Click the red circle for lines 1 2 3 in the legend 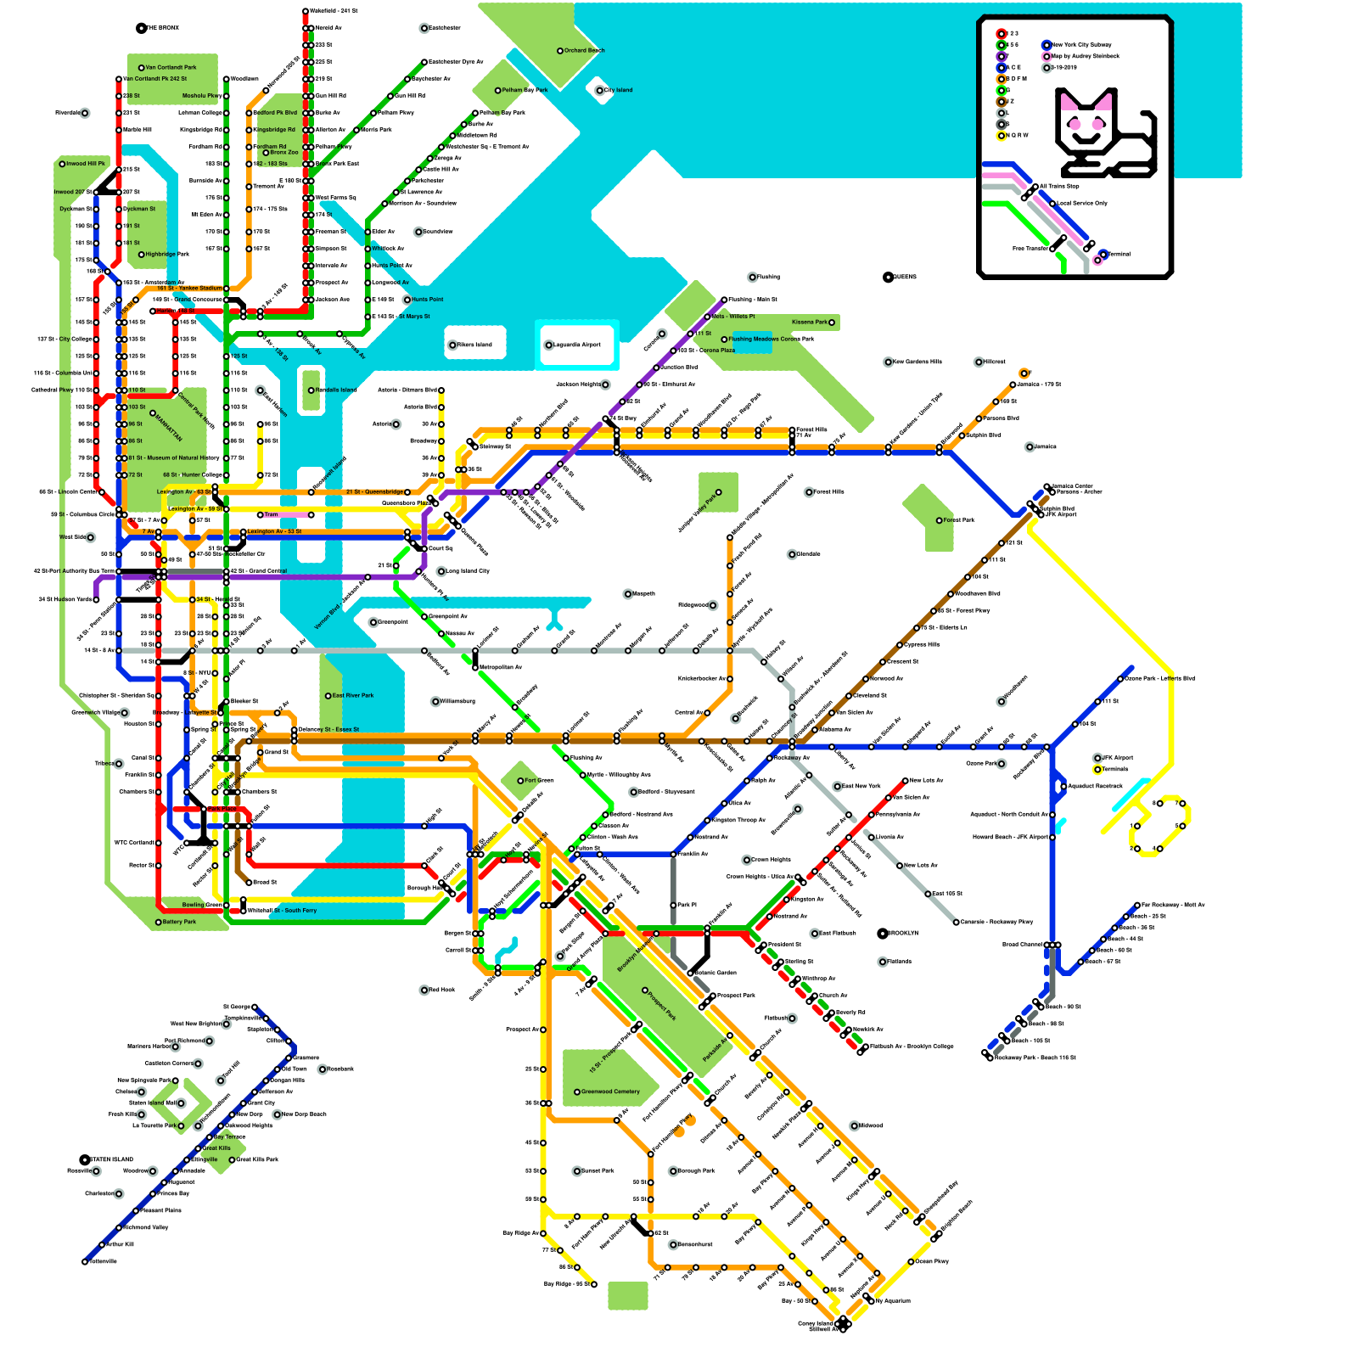(1002, 34)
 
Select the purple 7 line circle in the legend (1002, 56)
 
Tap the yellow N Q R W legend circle (1002, 136)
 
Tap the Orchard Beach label (584, 51)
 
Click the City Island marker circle (599, 90)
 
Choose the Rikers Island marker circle (452, 345)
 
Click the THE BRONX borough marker (142, 28)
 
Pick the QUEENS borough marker (888, 278)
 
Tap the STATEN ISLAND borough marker (85, 1159)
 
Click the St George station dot (255, 1007)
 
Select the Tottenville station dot (85, 1262)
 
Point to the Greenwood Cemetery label (610, 1092)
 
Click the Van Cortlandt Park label (171, 68)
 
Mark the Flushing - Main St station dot (724, 300)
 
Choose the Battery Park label (179, 922)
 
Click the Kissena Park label (809, 323)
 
